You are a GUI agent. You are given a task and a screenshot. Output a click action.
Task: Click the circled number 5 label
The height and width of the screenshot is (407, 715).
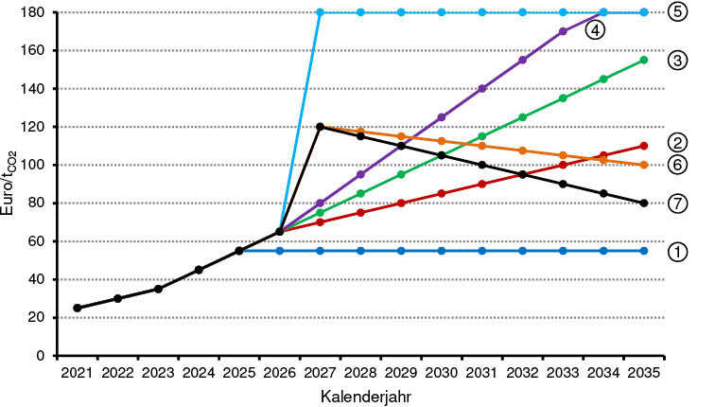point(676,12)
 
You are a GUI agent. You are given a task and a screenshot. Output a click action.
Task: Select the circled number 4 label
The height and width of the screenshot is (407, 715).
point(595,30)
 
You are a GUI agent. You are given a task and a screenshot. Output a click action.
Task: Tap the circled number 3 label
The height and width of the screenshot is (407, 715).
point(676,60)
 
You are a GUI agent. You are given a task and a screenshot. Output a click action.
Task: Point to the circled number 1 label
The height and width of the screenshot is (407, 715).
point(676,253)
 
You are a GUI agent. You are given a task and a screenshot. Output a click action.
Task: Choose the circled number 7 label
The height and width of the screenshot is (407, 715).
point(676,203)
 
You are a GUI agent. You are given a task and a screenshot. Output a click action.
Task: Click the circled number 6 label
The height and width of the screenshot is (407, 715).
point(676,165)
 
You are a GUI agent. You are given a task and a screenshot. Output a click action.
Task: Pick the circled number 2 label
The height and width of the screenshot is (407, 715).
point(676,142)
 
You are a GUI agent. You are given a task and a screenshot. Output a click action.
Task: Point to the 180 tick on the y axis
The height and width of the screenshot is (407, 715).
point(35,12)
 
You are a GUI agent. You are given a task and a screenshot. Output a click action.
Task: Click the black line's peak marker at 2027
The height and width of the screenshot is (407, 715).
point(320,127)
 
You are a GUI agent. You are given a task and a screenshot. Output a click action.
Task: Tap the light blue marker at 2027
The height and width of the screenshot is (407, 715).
point(320,12)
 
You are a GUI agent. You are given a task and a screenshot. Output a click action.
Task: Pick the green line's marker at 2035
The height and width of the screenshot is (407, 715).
point(643,60)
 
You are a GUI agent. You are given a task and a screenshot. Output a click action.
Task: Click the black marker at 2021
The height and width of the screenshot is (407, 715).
point(77,308)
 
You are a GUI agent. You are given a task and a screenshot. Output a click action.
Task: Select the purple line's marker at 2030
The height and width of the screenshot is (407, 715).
point(441,117)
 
